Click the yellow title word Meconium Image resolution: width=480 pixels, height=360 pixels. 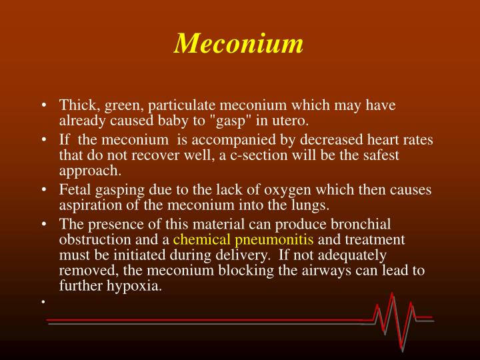[239, 43]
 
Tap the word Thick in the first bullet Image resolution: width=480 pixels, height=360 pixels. [75, 105]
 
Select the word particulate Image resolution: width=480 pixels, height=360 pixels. [183, 105]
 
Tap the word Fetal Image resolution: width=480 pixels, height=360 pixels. [75, 189]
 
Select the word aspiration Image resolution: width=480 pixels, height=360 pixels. [88, 205]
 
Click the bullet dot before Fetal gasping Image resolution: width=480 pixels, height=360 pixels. [43, 190]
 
